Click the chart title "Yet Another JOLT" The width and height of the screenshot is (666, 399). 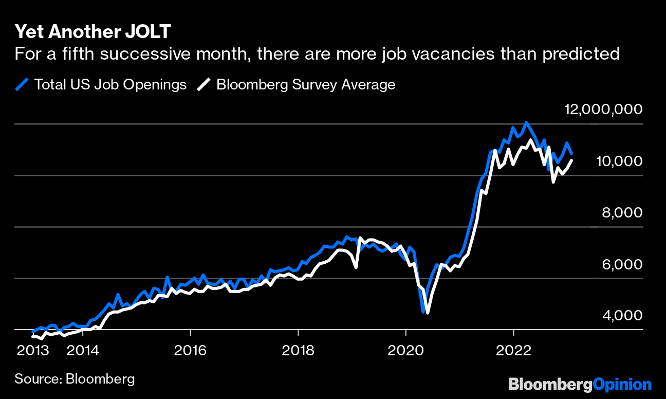(x=92, y=32)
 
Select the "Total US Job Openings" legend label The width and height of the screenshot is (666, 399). (x=110, y=84)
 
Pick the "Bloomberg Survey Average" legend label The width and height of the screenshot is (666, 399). (x=306, y=84)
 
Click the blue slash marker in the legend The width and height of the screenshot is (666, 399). (x=22, y=84)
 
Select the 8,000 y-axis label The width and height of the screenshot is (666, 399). (x=622, y=212)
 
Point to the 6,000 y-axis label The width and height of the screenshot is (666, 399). (x=622, y=264)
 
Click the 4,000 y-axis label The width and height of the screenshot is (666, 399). (x=622, y=315)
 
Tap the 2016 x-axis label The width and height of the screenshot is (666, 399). (x=190, y=351)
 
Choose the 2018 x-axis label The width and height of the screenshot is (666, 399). (x=298, y=351)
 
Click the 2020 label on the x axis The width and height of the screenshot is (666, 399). (x=406, y=351)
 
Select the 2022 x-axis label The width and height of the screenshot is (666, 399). (x=513, y=351)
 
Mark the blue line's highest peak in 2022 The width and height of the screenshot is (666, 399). (x=526, y=122)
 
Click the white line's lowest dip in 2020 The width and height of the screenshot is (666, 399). (x=428, y=312)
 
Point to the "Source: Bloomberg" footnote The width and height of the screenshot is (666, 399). (x=75, y=379)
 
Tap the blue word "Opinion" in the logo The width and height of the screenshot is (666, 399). (x=622, y=385)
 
